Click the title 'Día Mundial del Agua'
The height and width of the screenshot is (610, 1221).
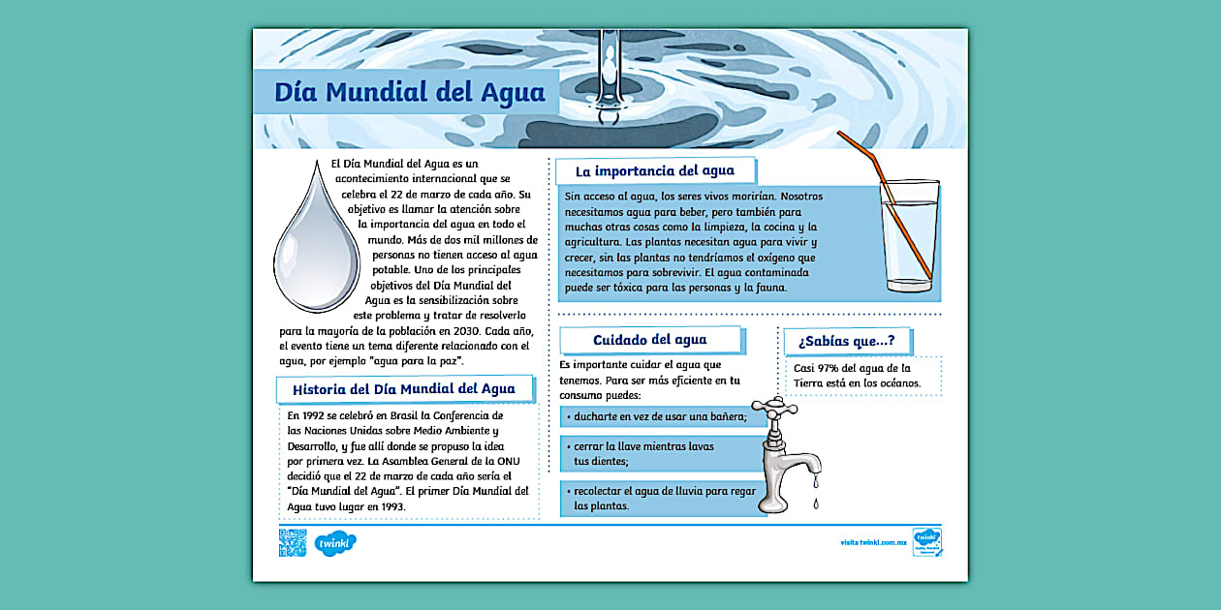click(409, 93)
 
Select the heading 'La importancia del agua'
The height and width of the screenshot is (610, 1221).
click(654, 171)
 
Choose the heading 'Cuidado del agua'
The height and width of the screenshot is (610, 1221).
click(650, 340)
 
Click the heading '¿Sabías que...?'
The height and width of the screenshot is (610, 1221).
click(846, 341)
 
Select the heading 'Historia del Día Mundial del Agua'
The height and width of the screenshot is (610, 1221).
click(404, 389)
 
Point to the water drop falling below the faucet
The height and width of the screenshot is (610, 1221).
click(815, 503)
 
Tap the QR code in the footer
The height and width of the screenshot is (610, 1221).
click(292, 543)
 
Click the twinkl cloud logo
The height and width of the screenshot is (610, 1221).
click(334, 544)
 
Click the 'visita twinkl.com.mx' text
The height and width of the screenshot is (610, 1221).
click(873, 543)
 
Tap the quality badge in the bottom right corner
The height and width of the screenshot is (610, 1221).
click(926, 542)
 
